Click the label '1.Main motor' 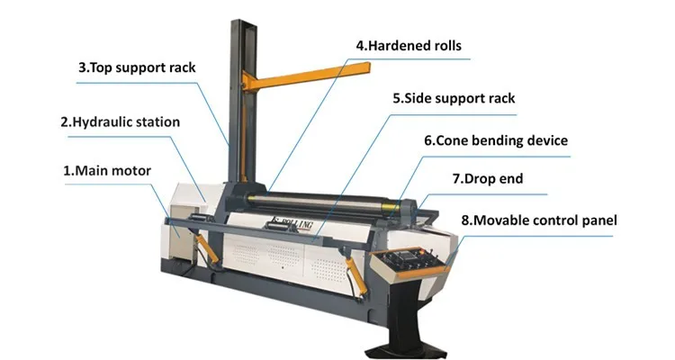pos(106,169)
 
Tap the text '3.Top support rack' pos(137,67)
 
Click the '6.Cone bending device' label pos(496,140)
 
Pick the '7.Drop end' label pos(487,178)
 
